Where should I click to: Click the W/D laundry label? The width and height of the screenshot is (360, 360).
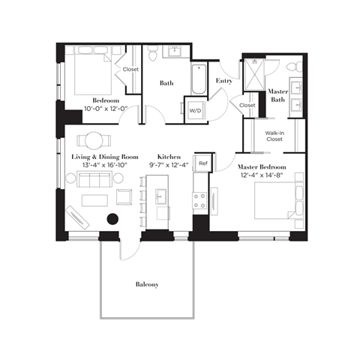pyautogui.click(x=194, y=109)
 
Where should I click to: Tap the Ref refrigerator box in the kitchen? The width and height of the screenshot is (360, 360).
pyautogui.click(x=202, y=161)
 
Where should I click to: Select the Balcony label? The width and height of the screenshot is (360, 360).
pyautogui.click(x=147, y=284)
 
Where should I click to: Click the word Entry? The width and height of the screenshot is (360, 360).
pyautogui.click(x=223, y=80)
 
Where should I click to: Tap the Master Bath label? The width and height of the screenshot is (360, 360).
pyautogui.click(x=278, y=95)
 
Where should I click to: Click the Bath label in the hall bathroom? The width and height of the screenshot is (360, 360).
pyautogui.click(x=166, y=83)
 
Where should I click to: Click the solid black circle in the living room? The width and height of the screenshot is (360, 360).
pyautogui.click(x=113, y=219)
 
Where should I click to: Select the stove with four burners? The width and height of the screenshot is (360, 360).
pyautogui.click(x=200, y=199)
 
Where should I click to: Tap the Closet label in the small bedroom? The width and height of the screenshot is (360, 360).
pyautogui.click(x=131, y=70)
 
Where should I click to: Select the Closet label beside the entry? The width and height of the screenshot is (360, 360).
pyautogui.click(x=247, y=106)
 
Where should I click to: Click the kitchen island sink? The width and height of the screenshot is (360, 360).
pyautogui.click(x=160, y=196)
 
